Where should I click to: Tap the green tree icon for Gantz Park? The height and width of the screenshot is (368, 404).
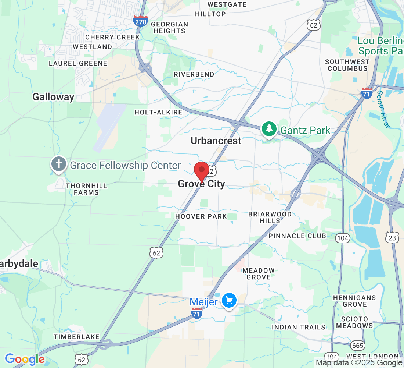point(269,128)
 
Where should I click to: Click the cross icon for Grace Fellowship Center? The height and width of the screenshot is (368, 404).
point(58,164)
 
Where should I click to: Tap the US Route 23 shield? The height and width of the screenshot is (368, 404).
point(393,238)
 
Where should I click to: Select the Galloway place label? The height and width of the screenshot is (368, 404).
point(53,97)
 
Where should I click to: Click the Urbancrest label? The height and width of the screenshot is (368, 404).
point(216,141)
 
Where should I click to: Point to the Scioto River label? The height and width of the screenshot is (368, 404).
point(383,109)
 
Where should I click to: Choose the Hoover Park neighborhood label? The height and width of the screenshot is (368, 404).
point(201,216)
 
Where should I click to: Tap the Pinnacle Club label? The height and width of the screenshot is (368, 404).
point(297,236)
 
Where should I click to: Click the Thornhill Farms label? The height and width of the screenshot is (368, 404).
point(86,189)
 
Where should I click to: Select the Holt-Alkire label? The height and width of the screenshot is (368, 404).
point(158,112)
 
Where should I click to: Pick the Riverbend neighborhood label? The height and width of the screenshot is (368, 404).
point(194,74)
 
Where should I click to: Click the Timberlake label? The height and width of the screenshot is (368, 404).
point(76,337)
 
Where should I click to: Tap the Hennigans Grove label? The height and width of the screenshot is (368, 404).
point(354,301)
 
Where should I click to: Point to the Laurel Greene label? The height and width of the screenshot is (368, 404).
point(78,63)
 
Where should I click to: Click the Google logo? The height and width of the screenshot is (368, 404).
point(25,359)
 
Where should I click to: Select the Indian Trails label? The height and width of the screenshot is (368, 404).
point(299,327)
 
